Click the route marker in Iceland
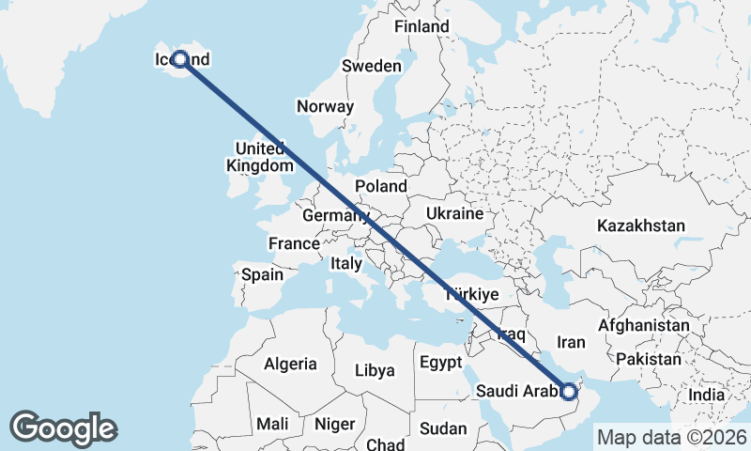tap(179, 60)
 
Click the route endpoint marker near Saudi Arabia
tap(569, 391)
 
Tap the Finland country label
tap(421, 27)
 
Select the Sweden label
tap(371, 67)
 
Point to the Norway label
tap(325, 106)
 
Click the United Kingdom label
tap(260, 157)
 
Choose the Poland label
tap(381, 186)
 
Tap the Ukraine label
tap(454, 214)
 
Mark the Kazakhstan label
tap(641, 225)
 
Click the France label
tap(294, 244)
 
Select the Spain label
tap(262, 275)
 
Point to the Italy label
tap(345, 265)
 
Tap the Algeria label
tap(290, 364)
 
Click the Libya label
tap(375, 370)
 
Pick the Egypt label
tap(441, 363)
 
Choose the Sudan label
tap(443, 428)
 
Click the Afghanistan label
tap(644, 325)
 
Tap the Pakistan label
tap(649, 359)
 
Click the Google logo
tap(64, 428)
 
